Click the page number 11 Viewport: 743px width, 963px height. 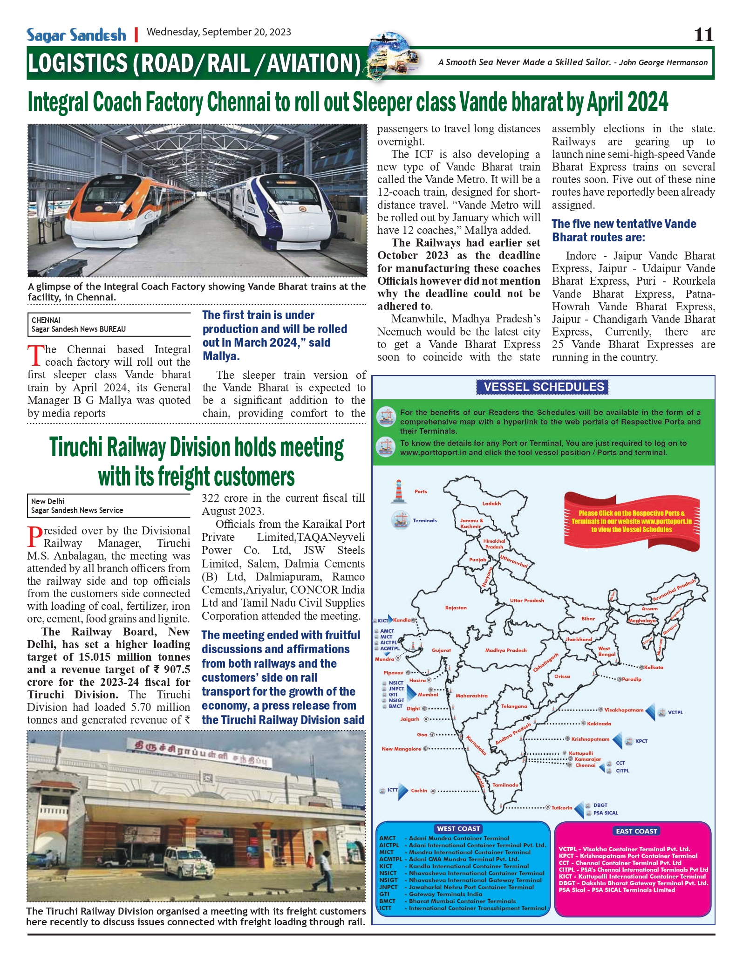(x=703, y=34)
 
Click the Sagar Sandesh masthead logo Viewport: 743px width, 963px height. (x=76, y=35)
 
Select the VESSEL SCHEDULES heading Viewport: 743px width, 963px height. (x=543, y=387)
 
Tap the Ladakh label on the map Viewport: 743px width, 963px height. (x=491, y=504)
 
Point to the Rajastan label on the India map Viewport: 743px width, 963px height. (x=456, y=608)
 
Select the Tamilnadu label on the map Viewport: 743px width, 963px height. (x=505, y=785)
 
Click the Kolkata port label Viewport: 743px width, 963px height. (x=654, y=668)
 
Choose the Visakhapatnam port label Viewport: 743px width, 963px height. (x=624, y=710)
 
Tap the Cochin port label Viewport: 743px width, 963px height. (x=419, y=791)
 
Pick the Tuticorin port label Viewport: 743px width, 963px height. (x=562, y=808)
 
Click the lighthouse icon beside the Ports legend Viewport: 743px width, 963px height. (x=398, y=492)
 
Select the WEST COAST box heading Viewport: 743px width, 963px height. (x=458, y=829)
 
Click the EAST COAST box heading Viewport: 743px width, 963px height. (x=636, y=831)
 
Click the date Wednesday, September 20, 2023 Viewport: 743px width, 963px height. (x=218, y=32)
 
